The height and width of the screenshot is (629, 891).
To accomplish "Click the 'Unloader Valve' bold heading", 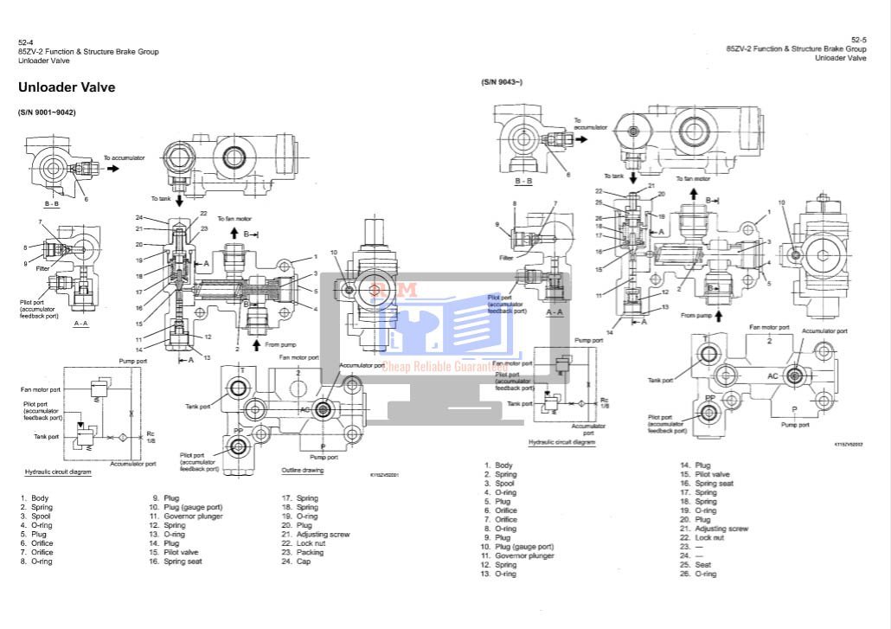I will pyautogui.click(x=67, y=87).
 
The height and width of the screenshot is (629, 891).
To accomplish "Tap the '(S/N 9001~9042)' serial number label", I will pyautogui.click(x=48, y=112).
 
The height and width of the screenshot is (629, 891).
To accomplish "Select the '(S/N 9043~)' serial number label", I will pyautogui.click(x=502, y=82).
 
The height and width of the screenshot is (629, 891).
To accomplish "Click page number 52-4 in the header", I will pyautogui.click(x=25, y=42).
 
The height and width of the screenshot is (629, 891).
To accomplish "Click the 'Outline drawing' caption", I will pyautogui.click(x=303, y=471).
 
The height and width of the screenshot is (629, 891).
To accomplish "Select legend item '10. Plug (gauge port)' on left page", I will pyautogui.click(x=185, y=507).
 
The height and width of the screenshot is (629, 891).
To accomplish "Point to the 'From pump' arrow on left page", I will pyautogui.click(x=256, y=344).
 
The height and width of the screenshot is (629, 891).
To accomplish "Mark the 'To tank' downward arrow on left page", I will pyautogui.click(x=180, y=201).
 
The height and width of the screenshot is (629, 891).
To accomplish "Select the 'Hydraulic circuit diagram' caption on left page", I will pyautogui.click(x=58, y=472).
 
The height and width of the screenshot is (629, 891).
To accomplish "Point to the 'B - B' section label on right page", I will pyautogui.click(x=523, y=182).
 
